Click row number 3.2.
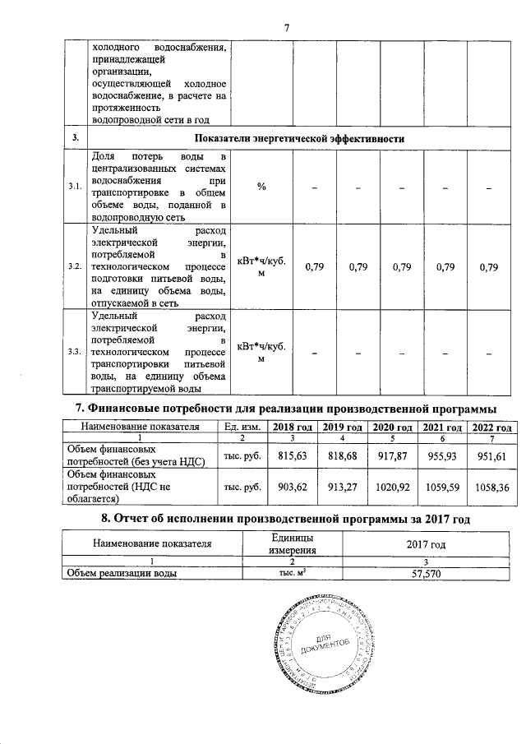coord(75,267)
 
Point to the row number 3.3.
coord(75,352)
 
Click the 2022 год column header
coord(492,427)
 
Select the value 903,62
coord(293,486)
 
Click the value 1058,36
coord(492,486)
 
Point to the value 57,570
coord(427,574)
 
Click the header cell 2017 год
coord(427,543)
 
